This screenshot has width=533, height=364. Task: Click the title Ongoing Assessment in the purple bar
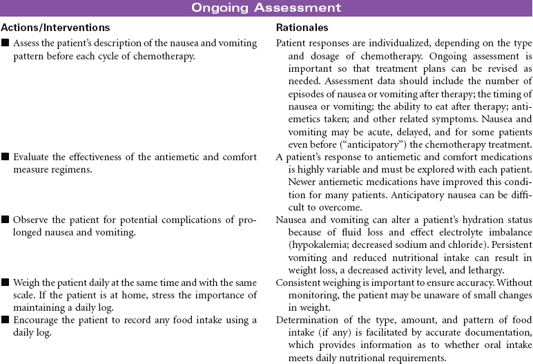[266, 8]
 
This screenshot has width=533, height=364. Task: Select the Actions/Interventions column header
[55, 28]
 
